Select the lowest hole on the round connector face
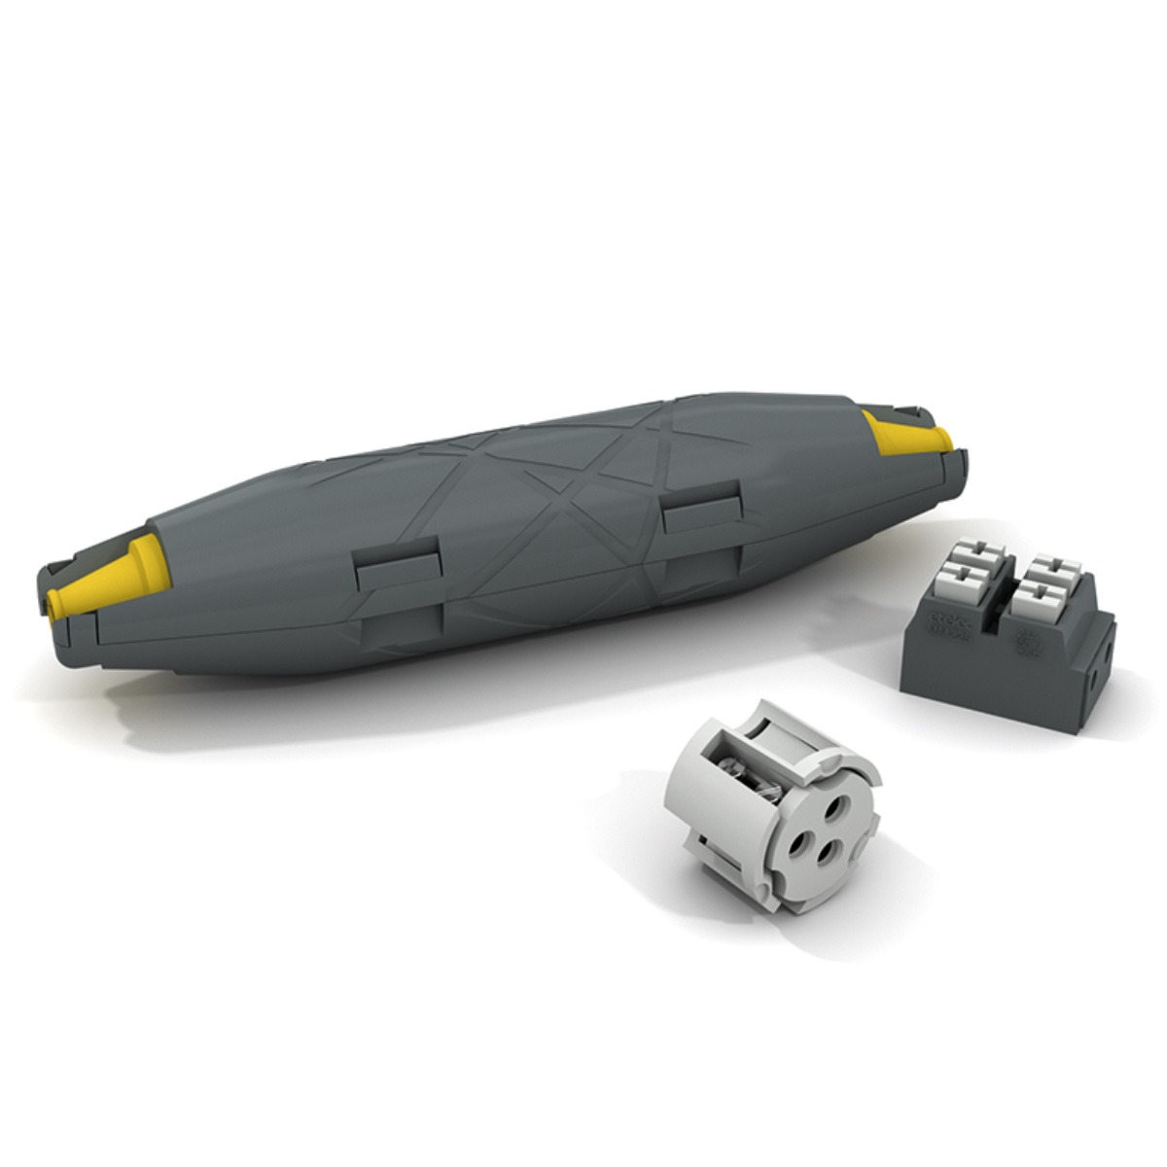828,853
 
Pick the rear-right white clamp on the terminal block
1055,566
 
